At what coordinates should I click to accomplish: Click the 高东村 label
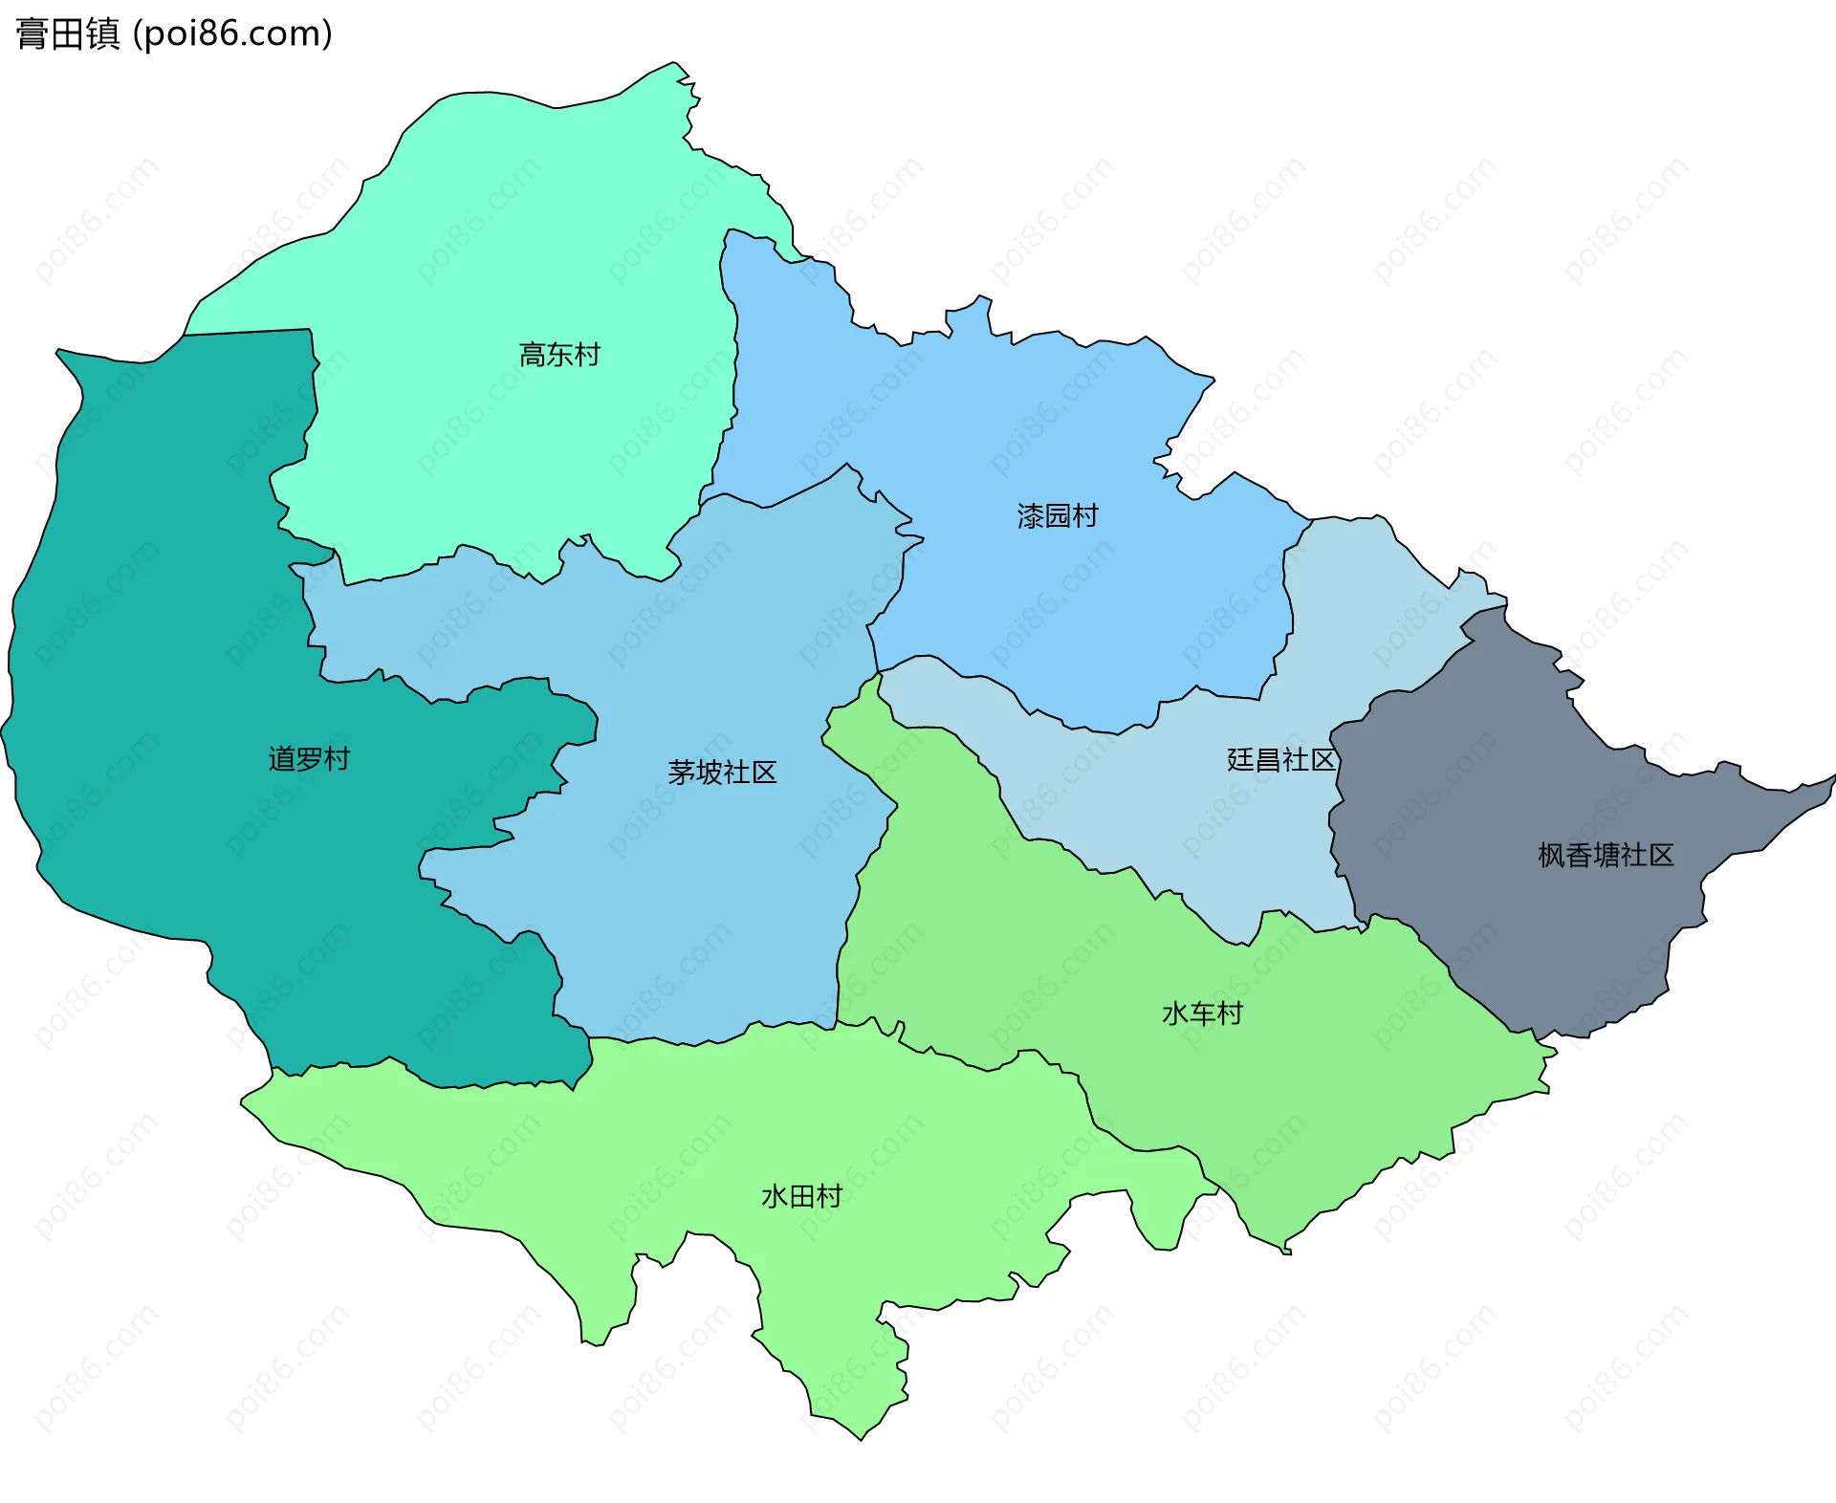(x=559, y=355)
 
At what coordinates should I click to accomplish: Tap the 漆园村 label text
(x=1058, y=516)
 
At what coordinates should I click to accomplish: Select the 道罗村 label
(x=309, y=759)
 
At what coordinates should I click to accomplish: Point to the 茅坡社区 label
(x=722, y=773)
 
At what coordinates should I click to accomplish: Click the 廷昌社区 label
(x=1280, y=760)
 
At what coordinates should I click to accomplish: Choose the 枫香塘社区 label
(x=1606, y=855)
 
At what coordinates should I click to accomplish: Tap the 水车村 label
(x=1202, y=1013)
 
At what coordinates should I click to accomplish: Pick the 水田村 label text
(x=801, y=1196)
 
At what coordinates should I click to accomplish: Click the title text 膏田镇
(x=67, y=34)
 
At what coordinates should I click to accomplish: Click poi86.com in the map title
(x=232, y=34)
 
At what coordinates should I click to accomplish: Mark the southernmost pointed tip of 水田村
(x=862, y=1439)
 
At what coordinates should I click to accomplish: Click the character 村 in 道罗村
(x=337, y=759)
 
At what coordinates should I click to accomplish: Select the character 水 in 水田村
(x=774, y=1196)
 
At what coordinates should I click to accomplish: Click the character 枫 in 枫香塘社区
(x=1551, y=855)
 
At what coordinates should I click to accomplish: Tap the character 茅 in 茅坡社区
(x=681, y=773)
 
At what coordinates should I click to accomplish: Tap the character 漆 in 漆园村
(x=1030, y=516)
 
